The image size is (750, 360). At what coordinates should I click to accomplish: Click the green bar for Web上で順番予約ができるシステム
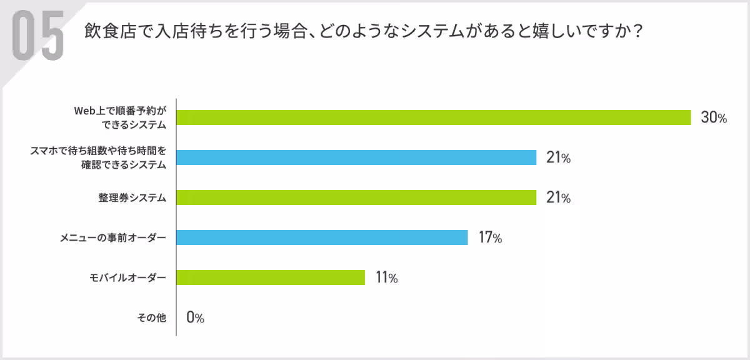[x=433, y=117]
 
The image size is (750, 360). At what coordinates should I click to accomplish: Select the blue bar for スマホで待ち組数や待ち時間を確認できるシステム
[x=356, y=157]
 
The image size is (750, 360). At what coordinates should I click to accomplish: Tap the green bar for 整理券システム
[x=356, y=197]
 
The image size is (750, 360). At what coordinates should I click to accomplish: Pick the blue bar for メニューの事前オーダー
[x=322, y=237]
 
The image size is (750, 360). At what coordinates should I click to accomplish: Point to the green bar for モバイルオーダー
[x=271, y=277]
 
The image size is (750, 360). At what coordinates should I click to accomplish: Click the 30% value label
[x=713, y=118]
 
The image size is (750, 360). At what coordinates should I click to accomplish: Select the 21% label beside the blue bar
[x=558, y=158]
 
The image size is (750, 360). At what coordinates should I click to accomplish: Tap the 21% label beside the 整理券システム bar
[x=558, y=198]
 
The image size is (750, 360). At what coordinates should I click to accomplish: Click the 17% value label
[x=490, y=238]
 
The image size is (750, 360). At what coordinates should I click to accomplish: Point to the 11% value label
[x=386, y=278]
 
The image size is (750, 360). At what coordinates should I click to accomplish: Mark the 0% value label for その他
[x=195, y=318]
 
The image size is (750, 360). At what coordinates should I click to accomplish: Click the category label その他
[x=151, y=318]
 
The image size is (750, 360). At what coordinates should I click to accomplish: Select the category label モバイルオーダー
[x=129, y=278]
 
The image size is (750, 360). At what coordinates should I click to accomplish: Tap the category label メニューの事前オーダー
[x=113, y=238]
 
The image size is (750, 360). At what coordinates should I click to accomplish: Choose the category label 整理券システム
[x=132, y=198]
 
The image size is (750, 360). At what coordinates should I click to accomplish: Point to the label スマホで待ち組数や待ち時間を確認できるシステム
[x=98, y=157]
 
